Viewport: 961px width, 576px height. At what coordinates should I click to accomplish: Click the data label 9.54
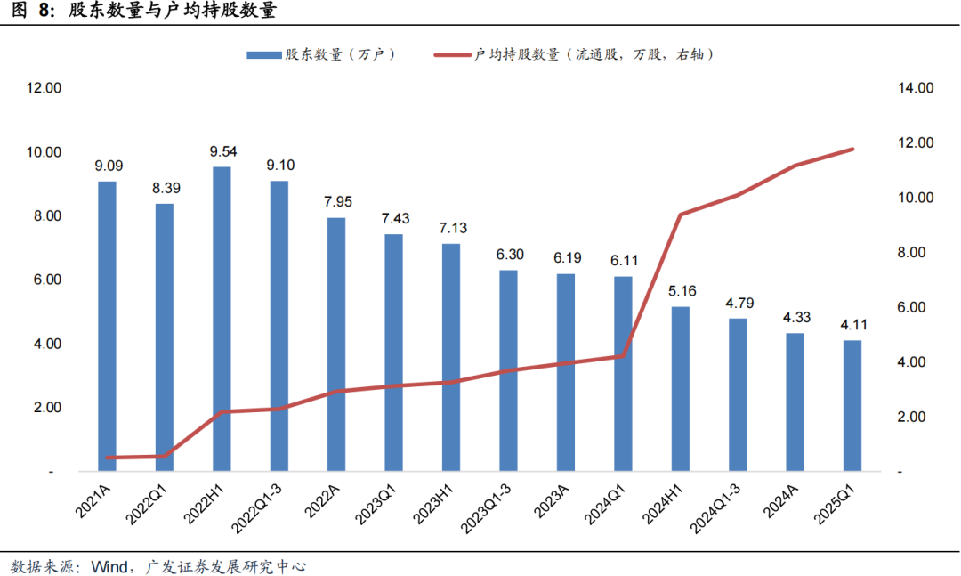(222, 152)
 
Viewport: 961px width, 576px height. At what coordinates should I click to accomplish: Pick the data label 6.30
(509, 255)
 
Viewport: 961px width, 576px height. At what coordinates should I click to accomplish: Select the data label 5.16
(681, 291)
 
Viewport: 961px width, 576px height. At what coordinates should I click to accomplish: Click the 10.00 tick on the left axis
(43, 152)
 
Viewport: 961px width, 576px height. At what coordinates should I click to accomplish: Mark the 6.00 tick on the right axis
(912, 307)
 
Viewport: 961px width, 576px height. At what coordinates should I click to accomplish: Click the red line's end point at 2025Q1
(852, 149)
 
